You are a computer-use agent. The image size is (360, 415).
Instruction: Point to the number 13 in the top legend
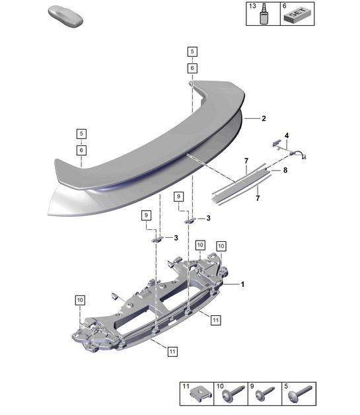pos(252,5)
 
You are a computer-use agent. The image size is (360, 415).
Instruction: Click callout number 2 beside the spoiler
pos(264,119)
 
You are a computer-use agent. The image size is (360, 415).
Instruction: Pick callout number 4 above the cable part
pos(287,136)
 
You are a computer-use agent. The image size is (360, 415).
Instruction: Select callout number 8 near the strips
pos(286,170)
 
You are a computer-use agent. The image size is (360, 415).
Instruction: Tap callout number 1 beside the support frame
pos(243,284)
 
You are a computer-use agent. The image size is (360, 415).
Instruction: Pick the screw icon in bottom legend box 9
pos(263,397)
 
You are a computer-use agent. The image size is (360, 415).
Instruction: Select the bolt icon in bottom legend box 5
pos(295,397)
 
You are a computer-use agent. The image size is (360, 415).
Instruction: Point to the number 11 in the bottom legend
pos(186,385)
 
